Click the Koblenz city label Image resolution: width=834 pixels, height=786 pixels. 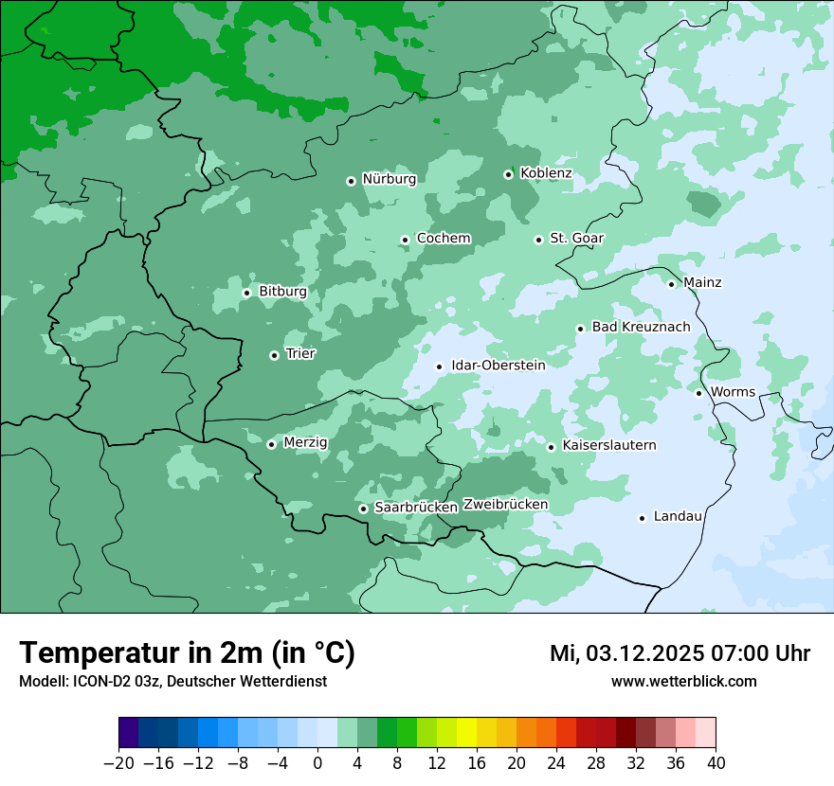click(546, 173)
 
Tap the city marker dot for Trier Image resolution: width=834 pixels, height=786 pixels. click(274, 355)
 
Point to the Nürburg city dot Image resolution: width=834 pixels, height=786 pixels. click(351, 180)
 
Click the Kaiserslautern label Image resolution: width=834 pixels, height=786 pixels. click(608, 445)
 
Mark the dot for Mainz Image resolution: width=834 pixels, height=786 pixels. click(671, 283)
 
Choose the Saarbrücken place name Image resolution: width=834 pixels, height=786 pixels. click(416, 508)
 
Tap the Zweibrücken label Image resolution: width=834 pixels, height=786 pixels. click(505, 505)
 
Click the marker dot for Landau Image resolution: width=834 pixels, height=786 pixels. click(642, 517)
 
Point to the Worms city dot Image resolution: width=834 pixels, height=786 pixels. click(698, 392)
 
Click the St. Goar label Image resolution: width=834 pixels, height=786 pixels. click(576, 239)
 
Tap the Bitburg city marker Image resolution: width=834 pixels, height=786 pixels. click(246, 293)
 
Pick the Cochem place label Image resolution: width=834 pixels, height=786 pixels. click(444, 239)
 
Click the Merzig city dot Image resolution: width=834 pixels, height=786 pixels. click(271, 443)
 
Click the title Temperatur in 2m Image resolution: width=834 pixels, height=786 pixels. click(187, 653)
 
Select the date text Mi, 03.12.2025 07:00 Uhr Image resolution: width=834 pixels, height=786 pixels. click(680, 653)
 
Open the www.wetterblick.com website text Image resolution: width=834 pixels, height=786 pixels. click(683, 681)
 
